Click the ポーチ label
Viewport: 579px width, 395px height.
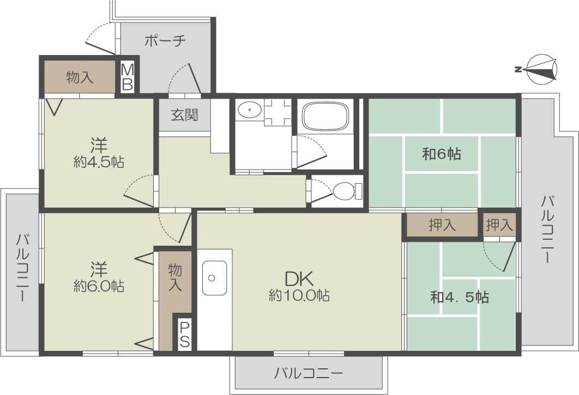point(165,41)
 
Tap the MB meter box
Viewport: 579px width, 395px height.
point(128,77)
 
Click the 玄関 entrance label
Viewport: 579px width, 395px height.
point(184,115)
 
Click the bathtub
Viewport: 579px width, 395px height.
point(325,116)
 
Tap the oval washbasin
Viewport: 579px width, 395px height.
point(250,110)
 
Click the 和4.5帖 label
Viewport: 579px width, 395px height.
point(460,297)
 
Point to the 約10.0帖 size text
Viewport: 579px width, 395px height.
point(299,295)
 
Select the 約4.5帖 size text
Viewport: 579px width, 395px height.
point(99,162)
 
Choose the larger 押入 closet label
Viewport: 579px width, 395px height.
point(442,225)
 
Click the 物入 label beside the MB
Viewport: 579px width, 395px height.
point(79,77)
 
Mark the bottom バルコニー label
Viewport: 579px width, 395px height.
point(308,374)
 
